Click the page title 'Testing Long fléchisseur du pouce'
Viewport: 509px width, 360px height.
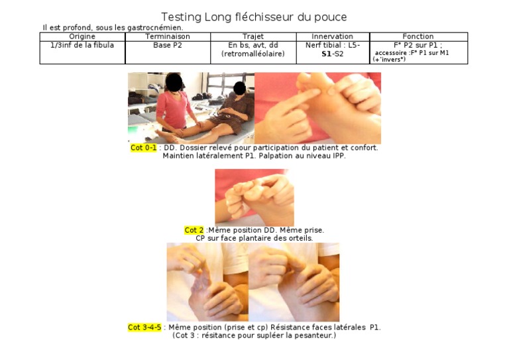254,17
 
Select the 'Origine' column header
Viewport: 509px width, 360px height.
82,36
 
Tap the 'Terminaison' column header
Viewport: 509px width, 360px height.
168,36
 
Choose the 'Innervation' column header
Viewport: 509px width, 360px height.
332,36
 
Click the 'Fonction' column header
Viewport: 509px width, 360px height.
418,36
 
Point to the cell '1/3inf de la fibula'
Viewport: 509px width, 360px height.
82,45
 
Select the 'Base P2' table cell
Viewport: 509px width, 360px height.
168,45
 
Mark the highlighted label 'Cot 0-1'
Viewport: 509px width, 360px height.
144,148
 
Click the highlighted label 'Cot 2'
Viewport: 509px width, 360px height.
194,230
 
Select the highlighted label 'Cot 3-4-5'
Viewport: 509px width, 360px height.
144,328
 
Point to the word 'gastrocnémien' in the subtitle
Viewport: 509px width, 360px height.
157,28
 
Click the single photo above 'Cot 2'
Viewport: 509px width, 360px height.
254,197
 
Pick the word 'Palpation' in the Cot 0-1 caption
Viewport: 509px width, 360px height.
274,156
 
